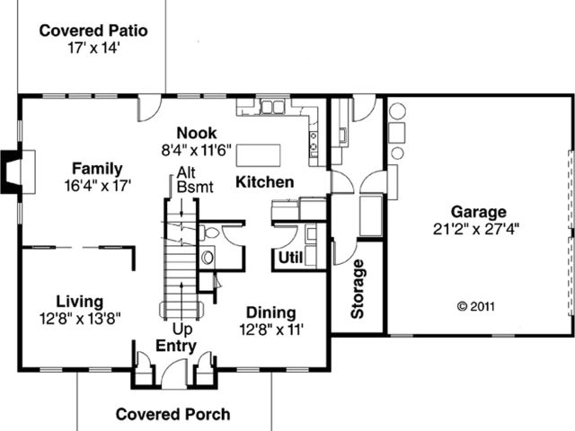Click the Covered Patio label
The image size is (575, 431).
pos(93,31)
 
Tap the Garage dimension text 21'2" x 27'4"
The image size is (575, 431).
pos(476,230)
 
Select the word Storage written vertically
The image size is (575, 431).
pos(358,289)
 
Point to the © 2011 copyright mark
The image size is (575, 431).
pos(476,306)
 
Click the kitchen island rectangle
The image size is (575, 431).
pos(259,155)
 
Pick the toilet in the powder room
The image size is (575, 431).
pos(208,233)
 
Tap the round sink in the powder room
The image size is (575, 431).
pos(208,257)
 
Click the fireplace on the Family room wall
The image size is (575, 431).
pos(17,172)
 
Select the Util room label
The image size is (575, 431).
pos(291,258)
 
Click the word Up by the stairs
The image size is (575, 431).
pos(182,330)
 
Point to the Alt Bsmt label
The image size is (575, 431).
pos(195,180)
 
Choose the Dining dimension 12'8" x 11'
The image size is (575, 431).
pos(271,330)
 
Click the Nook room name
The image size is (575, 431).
pos(197,133)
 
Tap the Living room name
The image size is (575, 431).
pos(80,302)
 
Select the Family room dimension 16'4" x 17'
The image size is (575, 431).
pos(98,186)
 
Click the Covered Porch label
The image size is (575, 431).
pos(173,415)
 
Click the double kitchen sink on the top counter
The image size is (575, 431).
pos(272,107)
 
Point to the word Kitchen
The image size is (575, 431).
pos(264,182)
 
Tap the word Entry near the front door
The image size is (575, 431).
pos(176,347)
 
